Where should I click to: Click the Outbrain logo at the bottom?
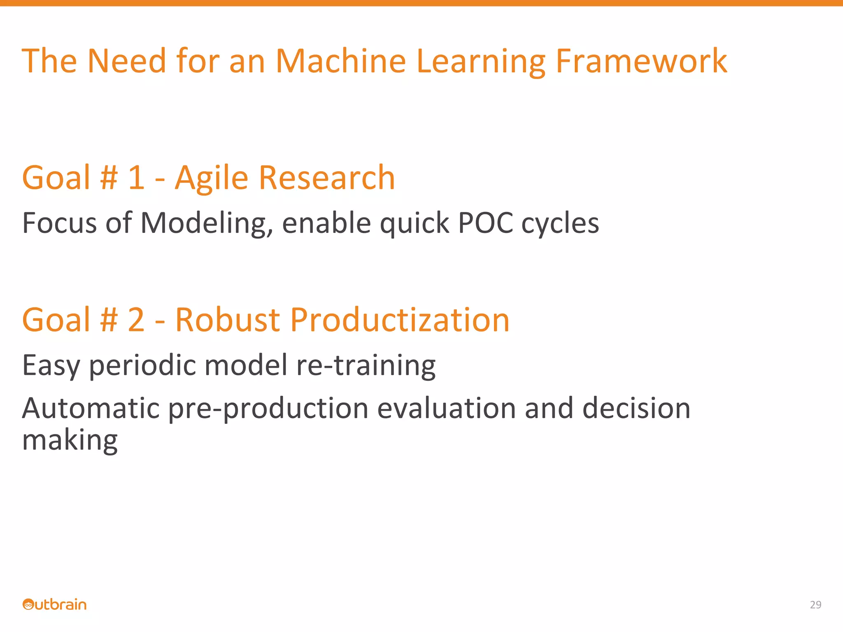pyautogui.click(x=54, y=604)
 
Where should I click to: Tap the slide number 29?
pyautogui.click(x=815, y=604)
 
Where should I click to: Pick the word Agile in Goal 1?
pyautogui.click(x=212, y=179)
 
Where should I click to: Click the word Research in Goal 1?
pyautogui.click(x=327, y=178)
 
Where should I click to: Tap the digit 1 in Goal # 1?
pyautogui.click(x=136, y=178)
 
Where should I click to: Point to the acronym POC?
pyautogui.click(x=485, y=223)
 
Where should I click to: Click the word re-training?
pyautogui.click(x=366, y=366)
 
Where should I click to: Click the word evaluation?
pyautogui.click(x=446, y=408)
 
